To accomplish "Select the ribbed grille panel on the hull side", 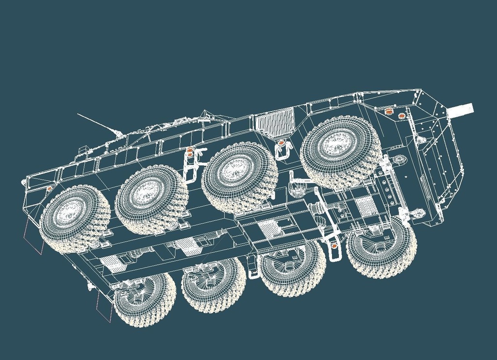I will click(275, 121).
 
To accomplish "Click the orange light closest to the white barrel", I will click(401, 116).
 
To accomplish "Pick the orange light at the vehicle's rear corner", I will click(49, 188).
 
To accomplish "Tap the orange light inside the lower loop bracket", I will click(334, 246).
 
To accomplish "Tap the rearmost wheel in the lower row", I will click(143, 298).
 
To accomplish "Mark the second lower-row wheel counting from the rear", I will click(214, 284).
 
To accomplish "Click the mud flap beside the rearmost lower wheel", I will click(103, 306).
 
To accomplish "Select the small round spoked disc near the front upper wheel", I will click(399, 159).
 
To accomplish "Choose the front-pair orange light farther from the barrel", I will click(388, 112).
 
